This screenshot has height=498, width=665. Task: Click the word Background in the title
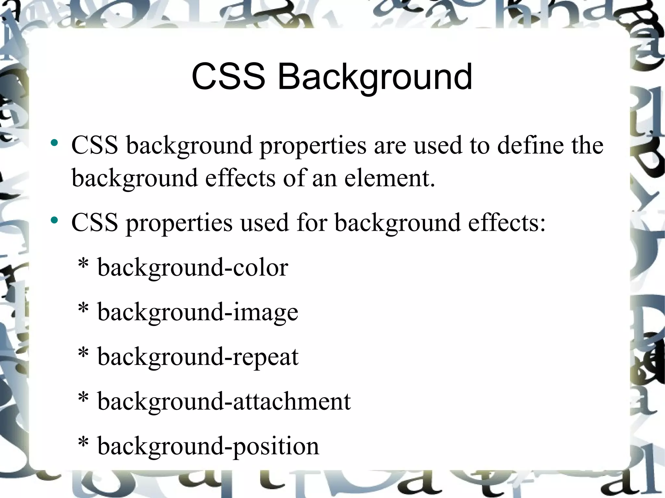pyautogui.click(x=375, y=77)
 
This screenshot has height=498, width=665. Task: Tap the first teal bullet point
pyautogui.click(x=54, y=143)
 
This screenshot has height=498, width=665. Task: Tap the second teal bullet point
pyautogui.click(x=54, y=221)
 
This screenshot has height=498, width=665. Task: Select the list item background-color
pyautogui.click(x=193, y=268)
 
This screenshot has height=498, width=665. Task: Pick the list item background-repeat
pyautogui.click(x=198, y=357)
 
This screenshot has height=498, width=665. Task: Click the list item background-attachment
pyautogui.click(x=224, y=402)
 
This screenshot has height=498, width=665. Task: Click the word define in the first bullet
pyautogui.click(x=530, y=145)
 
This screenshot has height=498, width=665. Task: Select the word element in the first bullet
pyautogui.click(x=389, y=178)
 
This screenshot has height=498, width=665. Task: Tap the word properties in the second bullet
pyautogui.click(x=179, y=224)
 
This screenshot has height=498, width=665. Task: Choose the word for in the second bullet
pyautogui.click(x=312, y=223)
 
